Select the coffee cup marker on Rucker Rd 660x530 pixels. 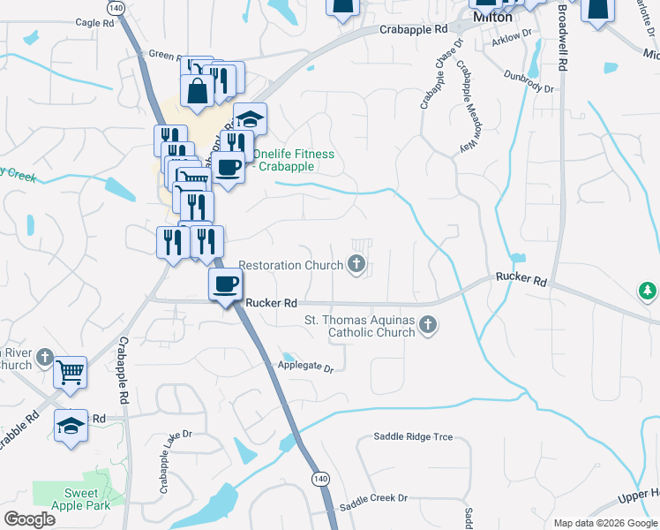click(225, 284)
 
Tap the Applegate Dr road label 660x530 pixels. click(305, 366)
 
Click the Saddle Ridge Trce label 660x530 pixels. click(413, 436)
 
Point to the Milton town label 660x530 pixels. click(492, 17)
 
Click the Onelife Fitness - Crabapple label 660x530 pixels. click(294, 160)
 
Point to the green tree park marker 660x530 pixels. click(648, 290)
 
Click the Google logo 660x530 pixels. click(30, 519)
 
